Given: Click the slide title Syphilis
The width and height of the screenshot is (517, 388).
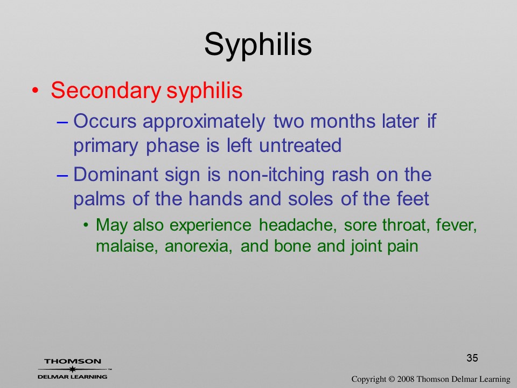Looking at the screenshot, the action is pos(258,45).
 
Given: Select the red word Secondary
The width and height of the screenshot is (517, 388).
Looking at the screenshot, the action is pos(106,91).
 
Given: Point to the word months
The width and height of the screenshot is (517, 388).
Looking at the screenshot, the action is pos(343,121).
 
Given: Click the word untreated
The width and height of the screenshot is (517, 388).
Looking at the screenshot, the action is pos(300,145).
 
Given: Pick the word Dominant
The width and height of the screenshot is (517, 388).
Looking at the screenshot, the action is pos(115,174).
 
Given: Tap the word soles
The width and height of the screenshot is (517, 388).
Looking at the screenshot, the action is pos(310,199).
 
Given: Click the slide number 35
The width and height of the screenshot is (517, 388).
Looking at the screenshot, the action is pos(472,358).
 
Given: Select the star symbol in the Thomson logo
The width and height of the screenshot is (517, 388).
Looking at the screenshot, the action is pos(73,369).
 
